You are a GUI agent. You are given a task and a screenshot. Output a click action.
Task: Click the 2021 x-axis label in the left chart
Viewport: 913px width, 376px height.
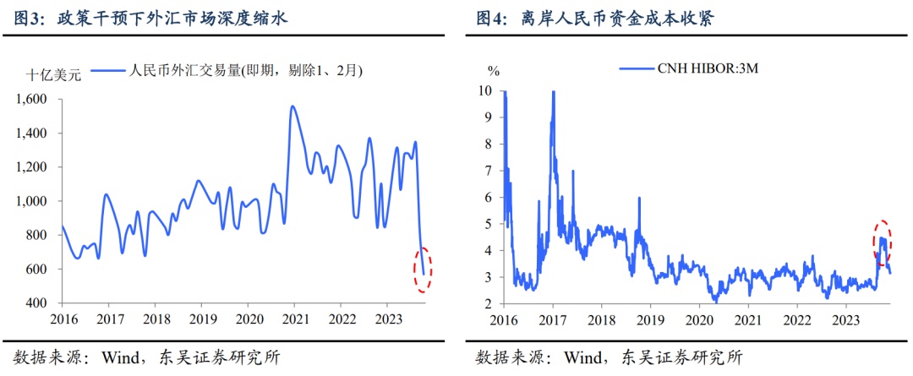click(x=294, y=319)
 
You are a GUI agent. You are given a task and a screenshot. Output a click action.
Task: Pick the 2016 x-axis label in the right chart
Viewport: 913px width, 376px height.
click(x=503, y=319)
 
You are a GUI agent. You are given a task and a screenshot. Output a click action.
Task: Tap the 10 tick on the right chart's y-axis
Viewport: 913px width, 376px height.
click(x=484, y=90)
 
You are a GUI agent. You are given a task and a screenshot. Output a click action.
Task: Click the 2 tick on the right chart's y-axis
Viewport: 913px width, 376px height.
click(x=488, y=303)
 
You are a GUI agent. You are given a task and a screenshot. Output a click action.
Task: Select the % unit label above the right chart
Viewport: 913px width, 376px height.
click(x=493, y=70)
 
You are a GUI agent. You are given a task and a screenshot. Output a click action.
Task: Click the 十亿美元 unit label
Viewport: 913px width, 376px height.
click(x=54, y=75)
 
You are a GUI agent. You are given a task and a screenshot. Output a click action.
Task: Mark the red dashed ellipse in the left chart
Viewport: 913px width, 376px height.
click(x=424, y=269)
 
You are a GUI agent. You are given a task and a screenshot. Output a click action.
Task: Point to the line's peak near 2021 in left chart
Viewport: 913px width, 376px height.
click(x=292, y=106)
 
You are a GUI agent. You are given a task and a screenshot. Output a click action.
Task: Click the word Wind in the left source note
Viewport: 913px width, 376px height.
click(x=121, y=357)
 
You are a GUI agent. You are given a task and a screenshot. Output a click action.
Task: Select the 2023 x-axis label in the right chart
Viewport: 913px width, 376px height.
click(x=845, y=319)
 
